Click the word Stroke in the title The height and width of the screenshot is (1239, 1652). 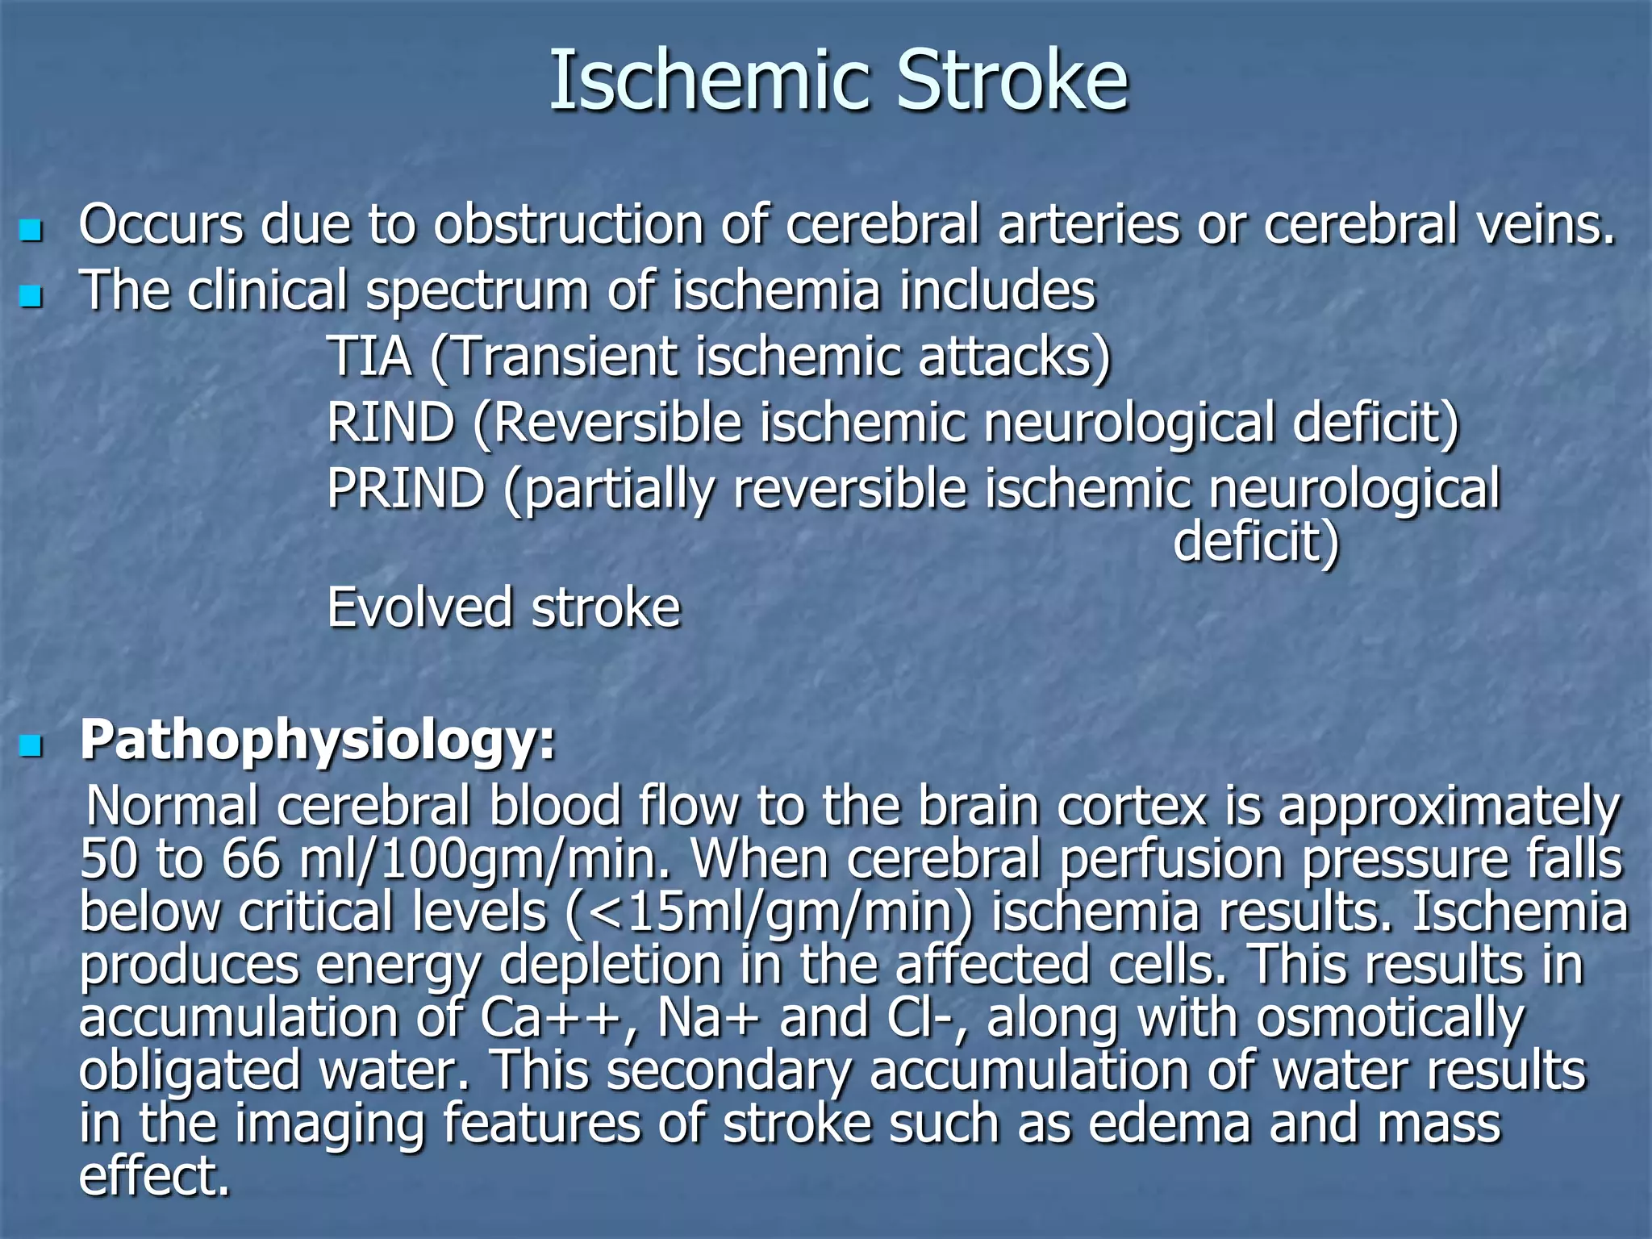pos(1012,81)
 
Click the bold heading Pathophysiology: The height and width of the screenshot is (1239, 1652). pos(318,740)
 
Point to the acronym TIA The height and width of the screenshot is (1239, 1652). pos(369,357)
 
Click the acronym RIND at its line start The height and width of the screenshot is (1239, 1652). pos(390,423)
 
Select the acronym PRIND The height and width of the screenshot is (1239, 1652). pos(406,489)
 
